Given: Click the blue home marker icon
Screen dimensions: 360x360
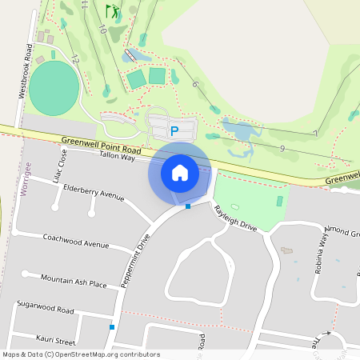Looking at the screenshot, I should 180,172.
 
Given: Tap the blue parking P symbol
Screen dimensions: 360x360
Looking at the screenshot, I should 174,130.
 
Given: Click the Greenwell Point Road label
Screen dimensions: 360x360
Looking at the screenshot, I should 101,145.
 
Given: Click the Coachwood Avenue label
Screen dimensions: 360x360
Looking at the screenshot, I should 76,239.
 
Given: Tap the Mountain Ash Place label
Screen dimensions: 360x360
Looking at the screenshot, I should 74,281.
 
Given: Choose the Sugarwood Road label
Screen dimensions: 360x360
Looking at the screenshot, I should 45,309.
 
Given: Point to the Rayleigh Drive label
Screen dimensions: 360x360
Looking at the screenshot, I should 235,217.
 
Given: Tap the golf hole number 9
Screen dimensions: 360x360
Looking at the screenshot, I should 282,149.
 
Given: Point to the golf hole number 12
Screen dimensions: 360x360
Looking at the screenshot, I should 74,58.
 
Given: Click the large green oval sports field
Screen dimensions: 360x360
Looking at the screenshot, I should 54,86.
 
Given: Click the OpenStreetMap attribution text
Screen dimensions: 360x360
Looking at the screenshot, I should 82,354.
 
